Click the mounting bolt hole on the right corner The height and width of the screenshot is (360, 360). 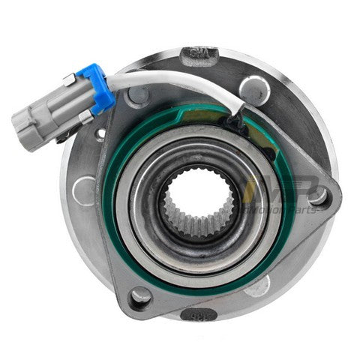tap(319, 196)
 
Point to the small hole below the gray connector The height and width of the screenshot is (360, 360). tap(99, 135)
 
